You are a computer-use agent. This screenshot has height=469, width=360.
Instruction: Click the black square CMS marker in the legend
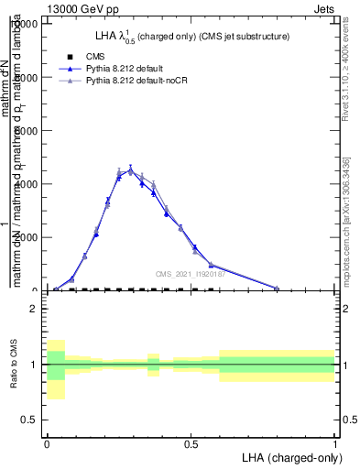(71, 57)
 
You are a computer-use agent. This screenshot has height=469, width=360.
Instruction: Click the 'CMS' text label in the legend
(94, 57)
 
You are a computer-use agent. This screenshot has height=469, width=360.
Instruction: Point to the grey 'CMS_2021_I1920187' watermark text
(189, 274)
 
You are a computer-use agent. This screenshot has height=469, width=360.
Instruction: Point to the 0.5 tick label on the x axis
(191, 442)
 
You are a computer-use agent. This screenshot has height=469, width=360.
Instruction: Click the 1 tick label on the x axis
(335, 442)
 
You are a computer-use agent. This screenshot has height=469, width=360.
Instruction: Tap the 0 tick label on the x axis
(47, 442)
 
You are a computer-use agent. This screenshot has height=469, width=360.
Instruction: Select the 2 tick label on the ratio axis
(33, 309)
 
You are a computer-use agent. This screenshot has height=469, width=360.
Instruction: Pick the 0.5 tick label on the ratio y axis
(29, 420)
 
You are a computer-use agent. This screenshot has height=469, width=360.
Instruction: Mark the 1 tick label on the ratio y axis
(33, 365)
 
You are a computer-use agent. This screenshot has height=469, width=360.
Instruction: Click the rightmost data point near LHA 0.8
(277, 288)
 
